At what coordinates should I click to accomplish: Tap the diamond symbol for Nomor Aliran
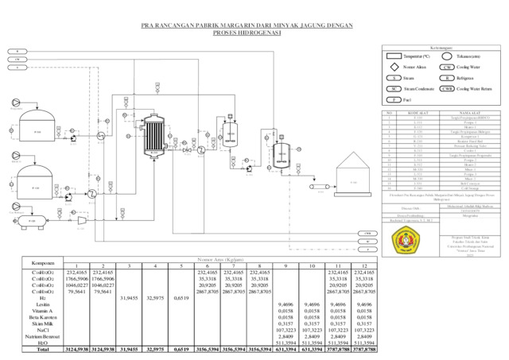point(393,68)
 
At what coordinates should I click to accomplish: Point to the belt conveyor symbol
point(317,187)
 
